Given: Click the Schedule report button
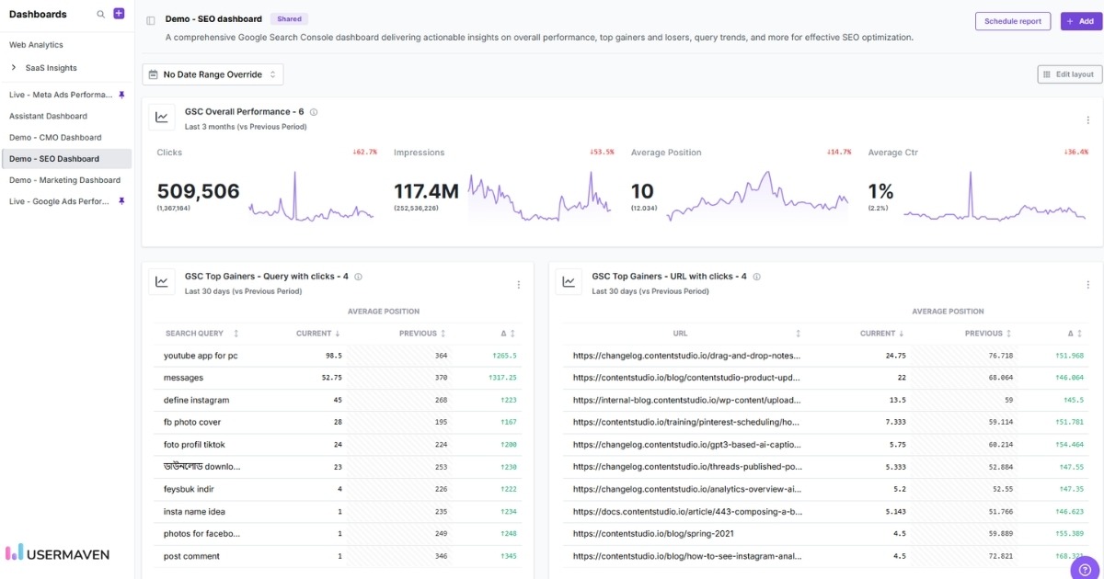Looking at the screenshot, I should point(1012,21).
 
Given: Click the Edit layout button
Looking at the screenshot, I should point(1069,74).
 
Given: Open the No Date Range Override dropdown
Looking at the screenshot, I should point(213,74).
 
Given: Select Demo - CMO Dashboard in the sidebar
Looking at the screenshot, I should point(55,138).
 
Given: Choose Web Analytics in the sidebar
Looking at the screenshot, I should point(36,44).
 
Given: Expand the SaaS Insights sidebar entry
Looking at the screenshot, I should point(14,68).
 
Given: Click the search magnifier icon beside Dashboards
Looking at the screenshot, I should point(101,15).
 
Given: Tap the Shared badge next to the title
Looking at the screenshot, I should point(289,19).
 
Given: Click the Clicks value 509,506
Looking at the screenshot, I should point(198,191).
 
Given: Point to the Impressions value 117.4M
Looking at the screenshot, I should point(426,191).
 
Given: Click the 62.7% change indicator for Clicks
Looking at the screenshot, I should point(364,152).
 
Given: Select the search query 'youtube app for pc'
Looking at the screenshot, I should point(201,356).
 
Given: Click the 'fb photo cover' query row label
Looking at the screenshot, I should point(192,423).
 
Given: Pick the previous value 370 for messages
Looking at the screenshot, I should point(441,378).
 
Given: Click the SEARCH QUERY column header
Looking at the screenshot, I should point(194,334).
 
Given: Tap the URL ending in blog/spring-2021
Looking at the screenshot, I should point(653,534).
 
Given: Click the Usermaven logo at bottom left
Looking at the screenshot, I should point(57,553).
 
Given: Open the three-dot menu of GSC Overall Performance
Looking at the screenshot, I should point(1088,119).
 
